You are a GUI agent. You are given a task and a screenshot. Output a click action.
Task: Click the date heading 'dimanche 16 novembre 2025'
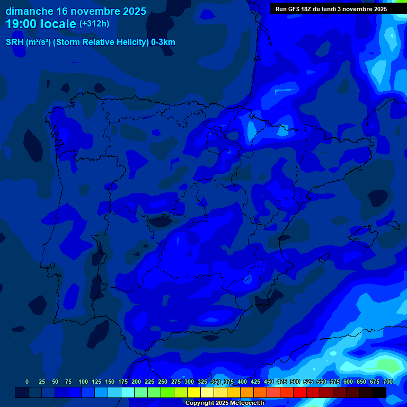coord(76,11)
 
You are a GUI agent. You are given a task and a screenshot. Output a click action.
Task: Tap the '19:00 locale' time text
coord(41,23)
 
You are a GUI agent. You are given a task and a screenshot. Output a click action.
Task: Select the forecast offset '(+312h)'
coord(94,24)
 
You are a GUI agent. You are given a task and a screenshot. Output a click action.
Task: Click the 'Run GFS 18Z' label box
coord(331,8)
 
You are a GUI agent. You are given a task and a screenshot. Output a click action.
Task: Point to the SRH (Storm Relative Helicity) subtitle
coord(91,42)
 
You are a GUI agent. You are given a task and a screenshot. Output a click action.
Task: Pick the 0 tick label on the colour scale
coord(27,382)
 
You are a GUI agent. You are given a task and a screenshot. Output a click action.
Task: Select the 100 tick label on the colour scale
coord(83,382)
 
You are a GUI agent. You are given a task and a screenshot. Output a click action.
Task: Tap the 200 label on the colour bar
coord(136,382)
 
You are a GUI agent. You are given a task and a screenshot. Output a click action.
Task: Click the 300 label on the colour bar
coord(189,382)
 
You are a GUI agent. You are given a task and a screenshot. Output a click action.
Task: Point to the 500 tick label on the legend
coord(295,382)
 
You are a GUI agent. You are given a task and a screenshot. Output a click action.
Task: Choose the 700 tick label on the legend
coord(388,382)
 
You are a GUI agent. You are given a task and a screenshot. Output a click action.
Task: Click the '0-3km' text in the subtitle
coord(163,42)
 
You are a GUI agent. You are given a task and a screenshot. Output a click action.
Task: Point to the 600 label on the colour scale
coord(348,382)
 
